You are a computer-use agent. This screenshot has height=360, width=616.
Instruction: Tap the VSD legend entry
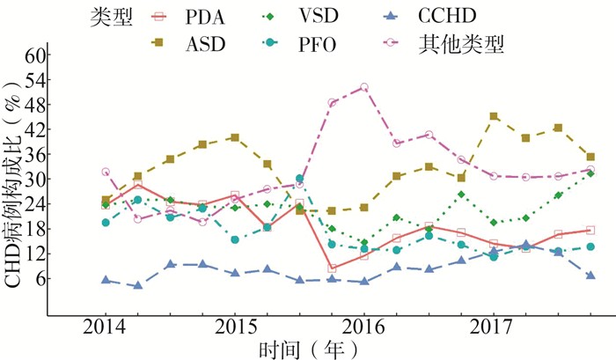coord(328,16)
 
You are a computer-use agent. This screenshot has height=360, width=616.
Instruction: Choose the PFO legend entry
coord(328,43)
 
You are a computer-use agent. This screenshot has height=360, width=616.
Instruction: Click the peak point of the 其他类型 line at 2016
coord(364,87)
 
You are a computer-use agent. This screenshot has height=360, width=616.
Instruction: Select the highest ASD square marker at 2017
coord(494,116)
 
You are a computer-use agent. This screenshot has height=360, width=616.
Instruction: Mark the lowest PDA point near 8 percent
coord(332,268)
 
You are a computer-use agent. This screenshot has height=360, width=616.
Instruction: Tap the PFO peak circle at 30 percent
coord(299,179)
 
